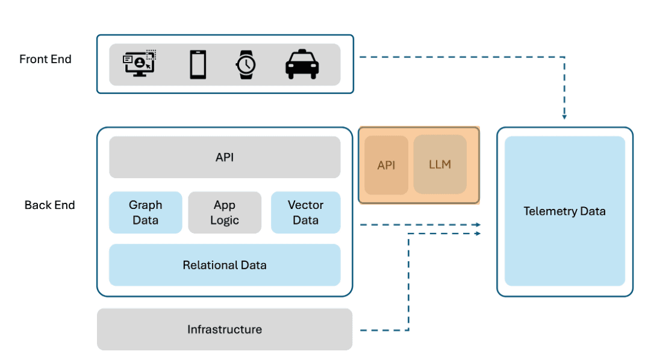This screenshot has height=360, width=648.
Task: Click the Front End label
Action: click(x=45, y=59)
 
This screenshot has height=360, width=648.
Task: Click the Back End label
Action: click(x=49, y=205)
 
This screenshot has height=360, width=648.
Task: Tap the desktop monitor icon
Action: click(x=140, y=63)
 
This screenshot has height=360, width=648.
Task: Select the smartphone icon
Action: click(x=198, y=64)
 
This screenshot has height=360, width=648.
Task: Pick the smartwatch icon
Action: click(x=245, y=64)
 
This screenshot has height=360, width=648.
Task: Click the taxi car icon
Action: click(x=302, y=64)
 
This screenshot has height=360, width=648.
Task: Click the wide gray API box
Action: click(x=225, y=157)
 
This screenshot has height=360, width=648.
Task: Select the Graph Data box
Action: click(x=145, y=213)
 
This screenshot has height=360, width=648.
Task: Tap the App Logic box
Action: click(x=225, y=213)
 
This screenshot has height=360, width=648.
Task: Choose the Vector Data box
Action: click(x=305, y=213)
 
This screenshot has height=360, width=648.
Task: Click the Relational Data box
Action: click(x=225, y=265)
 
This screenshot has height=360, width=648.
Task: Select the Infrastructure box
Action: click(x=225, y=329)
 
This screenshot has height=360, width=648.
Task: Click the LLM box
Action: click(x=440, y=164)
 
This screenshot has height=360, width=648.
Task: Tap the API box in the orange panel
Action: click(x=386, y=165)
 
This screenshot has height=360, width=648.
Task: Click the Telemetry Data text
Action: click(x=564, y=211)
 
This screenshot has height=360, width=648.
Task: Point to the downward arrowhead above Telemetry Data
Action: click(x=564, y=117)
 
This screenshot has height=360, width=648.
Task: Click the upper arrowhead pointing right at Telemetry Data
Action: click(x=478, y=225)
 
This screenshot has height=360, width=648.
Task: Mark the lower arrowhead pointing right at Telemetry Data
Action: click(x=478, y=234)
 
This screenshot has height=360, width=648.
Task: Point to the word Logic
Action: click(x=225, y=220)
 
